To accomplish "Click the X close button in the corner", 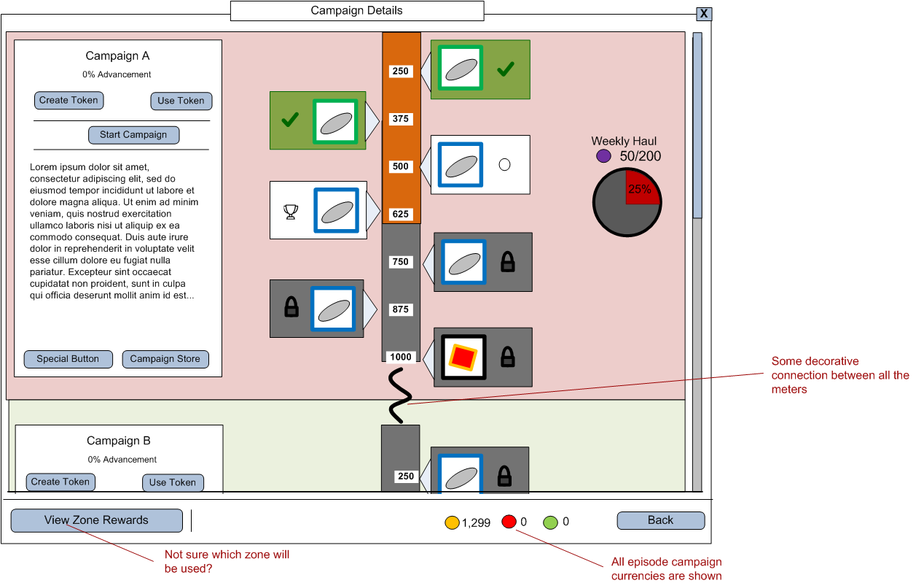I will tap(703, 14).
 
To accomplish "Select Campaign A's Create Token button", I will tap(68, 101).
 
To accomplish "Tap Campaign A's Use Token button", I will tap(181, 101).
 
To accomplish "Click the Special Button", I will tap(68, 359).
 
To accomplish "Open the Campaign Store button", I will tap(165, 359).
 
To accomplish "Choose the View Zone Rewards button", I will tap(96, 520).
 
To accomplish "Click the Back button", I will tap(660, 520).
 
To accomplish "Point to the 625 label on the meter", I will tap(401, 215).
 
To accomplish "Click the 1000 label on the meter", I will tap(401, 357).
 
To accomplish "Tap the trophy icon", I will tap(291, 212).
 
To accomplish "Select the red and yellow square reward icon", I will tap(462, 358).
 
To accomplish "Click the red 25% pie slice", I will tap(641, 186).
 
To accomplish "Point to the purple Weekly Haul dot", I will tap(603, 156).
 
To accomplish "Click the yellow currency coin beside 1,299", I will tap(452, 522).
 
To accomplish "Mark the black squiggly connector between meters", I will tap(398, 395).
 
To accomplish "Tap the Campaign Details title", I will tap(356, 11).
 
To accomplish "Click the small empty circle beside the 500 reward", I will tap(504, 165).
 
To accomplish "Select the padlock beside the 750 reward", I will tap(508, 261).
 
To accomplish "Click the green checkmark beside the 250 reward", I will tap(506, 70).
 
